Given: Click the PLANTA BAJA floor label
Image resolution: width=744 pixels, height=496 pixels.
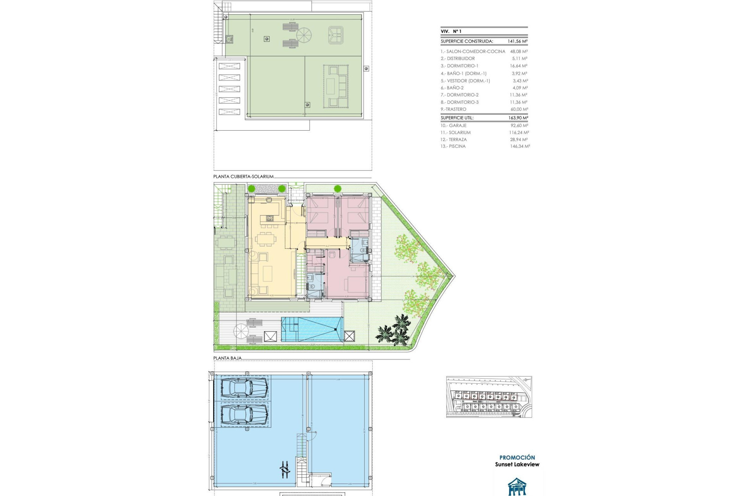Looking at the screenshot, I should tap(227, 358).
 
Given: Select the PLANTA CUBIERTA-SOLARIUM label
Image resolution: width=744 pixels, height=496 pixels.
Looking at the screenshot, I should tap(243, 176).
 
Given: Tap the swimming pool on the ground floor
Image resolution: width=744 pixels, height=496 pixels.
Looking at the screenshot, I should tap(312, 329).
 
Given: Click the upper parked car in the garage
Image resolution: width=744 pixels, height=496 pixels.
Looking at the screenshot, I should tap(244, 387).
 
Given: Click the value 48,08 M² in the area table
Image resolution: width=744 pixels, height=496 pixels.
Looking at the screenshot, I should tap(518, 51).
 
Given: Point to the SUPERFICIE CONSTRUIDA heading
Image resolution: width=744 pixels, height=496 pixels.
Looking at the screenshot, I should tap(467, 41).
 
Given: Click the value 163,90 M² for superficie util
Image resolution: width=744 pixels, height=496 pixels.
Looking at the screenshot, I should tap(518, 118).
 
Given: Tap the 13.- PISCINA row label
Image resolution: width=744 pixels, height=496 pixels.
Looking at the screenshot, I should tap(453, 146).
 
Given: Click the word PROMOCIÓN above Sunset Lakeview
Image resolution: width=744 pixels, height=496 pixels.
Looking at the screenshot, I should tap(517, 457).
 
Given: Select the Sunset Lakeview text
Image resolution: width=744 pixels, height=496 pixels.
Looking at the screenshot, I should tap(517, 464).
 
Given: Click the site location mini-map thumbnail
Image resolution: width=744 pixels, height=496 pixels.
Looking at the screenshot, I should tap(489, 397).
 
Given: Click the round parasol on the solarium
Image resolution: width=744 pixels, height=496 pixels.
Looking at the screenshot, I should tap(304, 35).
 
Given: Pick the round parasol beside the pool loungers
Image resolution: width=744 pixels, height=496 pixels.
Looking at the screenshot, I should tap(241, 331).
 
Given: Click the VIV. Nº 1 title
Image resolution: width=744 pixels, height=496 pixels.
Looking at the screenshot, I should tap(451, 31).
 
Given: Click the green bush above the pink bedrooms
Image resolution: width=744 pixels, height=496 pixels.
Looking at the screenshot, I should tap(338, 189).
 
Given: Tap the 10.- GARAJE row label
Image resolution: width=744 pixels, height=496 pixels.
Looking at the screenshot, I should tap(453, 126).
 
